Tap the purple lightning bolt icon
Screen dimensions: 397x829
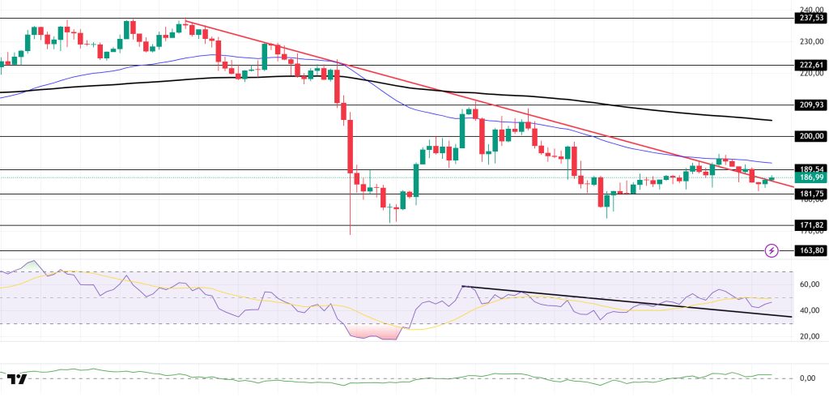[x=772, y=250]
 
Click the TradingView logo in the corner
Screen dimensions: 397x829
[x=16, y=379]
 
